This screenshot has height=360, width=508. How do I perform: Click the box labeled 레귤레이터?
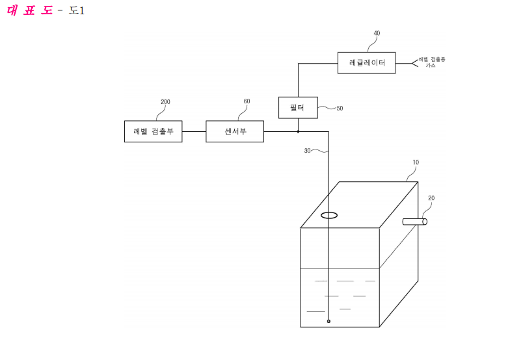[366, 63]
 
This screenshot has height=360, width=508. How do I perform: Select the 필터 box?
[298, 107]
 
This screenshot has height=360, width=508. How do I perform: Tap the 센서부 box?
[235, 131]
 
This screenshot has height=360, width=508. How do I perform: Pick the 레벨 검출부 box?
[154, 131]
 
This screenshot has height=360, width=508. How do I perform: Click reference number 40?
[377, 33]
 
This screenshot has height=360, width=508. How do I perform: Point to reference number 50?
[340, 109]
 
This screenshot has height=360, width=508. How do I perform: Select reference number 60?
[247, 101]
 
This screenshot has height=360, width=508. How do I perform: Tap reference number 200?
[166, 101]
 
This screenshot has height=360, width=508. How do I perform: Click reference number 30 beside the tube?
[307, 151]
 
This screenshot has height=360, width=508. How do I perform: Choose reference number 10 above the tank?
[416, 162]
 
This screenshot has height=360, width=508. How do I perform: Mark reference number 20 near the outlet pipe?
[431, 198]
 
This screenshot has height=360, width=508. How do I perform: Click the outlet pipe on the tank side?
[415, 222]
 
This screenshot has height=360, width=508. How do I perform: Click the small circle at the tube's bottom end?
[328, 321]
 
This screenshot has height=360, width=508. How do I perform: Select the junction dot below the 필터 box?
[298, 131]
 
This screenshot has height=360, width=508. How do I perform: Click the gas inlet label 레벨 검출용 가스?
[432, 62]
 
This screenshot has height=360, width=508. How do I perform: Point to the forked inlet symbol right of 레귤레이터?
[415, 64]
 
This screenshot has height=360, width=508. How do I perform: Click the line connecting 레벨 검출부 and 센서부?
[194, 131]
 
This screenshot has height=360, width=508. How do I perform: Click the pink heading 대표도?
[29, 10]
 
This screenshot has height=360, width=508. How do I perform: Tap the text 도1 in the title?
[77, 10]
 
